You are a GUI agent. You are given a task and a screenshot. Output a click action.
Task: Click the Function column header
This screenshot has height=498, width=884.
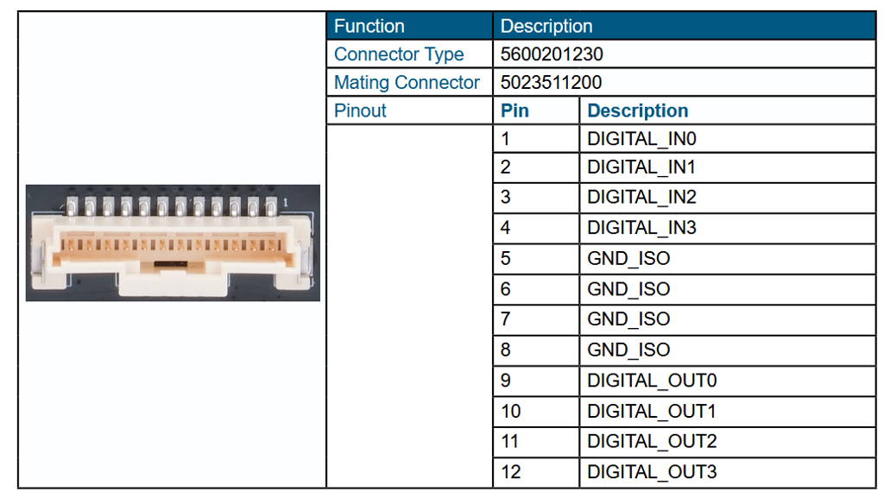pos(369,26)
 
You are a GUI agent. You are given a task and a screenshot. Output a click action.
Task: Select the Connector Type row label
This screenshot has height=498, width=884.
pos(399,54)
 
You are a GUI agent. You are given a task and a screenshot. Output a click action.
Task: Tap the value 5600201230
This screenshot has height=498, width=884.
pos(552,54)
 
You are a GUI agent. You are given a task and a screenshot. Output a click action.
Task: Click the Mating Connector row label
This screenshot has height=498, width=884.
pos(407,83)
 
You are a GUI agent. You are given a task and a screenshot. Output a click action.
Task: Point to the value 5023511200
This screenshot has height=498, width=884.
pos(552,83)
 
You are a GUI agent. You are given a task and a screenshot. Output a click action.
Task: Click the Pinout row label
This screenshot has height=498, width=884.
pos(360,110)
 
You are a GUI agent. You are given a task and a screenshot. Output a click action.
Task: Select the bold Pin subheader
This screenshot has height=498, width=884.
pos(515,110)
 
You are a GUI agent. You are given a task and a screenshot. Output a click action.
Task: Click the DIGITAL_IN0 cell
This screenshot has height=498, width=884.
pos(641,138)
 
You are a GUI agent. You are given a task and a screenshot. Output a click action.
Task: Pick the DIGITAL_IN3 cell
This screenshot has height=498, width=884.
pos(641,228)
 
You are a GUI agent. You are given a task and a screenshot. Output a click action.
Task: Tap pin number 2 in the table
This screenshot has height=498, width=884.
pos(506,167)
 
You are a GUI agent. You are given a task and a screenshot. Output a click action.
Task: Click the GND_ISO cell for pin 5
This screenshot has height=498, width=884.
pos(628,258)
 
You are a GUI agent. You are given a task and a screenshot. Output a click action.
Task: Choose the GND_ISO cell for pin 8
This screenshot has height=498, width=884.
pos(628,350)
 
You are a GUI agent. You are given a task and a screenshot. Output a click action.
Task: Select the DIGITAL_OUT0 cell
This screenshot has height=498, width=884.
pos(652,380)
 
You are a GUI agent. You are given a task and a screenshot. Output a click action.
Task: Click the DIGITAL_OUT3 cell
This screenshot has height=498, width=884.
pos(652,471)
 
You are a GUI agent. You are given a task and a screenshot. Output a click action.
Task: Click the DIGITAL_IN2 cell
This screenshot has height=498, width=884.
pos(641,197)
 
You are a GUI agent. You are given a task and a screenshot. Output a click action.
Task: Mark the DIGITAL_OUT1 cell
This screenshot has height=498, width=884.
pos(652,411)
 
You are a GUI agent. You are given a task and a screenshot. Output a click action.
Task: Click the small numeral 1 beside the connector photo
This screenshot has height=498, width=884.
pos(285,202)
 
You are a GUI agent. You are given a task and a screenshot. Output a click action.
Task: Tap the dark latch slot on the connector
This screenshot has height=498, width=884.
pos(169,262)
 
